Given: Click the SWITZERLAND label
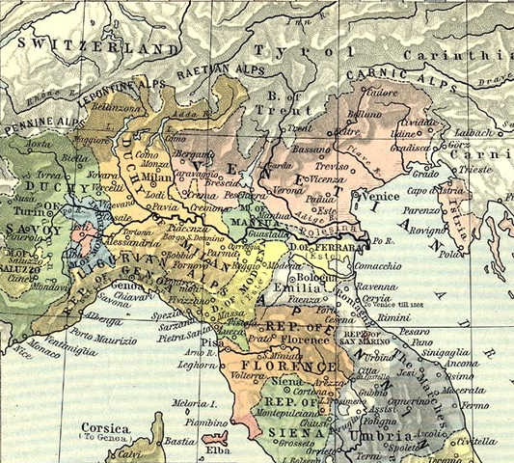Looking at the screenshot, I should tap(92, 45).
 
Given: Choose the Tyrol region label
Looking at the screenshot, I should tap(285, 49).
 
